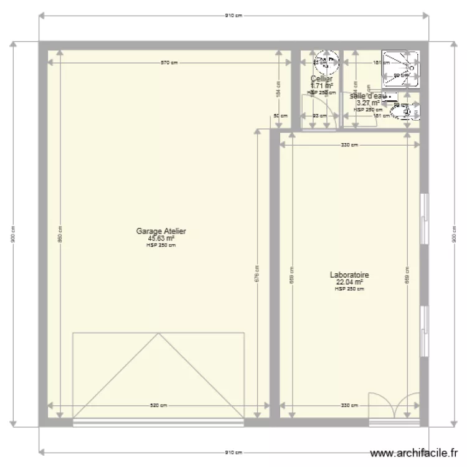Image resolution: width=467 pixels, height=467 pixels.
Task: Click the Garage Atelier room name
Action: point(161,231)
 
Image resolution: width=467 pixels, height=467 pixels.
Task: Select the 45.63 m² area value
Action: point(161,238)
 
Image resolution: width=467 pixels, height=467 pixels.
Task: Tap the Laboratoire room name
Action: point(349,275)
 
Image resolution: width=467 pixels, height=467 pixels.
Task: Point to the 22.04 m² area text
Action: point(349,281)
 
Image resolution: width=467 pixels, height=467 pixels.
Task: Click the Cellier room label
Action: point(321,79)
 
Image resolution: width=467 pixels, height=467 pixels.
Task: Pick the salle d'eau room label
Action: point(368,96)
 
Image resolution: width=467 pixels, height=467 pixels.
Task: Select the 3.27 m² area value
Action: point(368,103)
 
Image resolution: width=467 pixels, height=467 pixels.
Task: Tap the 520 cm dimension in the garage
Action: point(159,405)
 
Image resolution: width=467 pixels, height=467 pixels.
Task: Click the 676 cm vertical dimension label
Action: point(257,273)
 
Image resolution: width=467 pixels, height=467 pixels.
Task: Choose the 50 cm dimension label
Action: point(281,115)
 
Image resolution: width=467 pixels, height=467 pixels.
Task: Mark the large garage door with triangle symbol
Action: point(158,377)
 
